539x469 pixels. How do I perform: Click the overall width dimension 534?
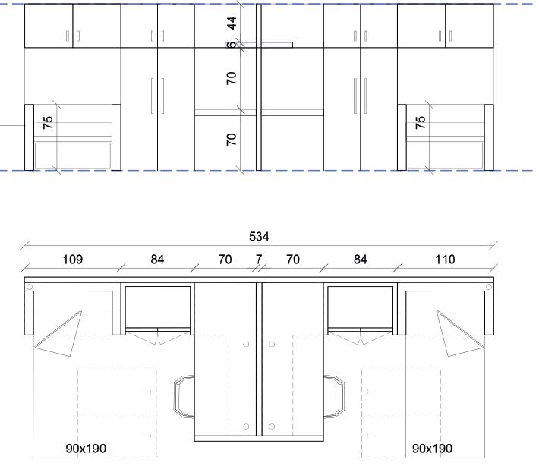pos(259,236)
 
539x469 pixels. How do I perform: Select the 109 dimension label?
pos(73,259)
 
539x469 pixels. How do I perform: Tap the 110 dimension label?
pos(445,259)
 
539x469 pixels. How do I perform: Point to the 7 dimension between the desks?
pos(259,259)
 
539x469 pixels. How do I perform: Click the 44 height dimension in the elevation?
pos(232,23)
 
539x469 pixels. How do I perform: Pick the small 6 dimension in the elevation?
pos(232,45)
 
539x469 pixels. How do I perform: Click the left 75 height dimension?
pos(48,123)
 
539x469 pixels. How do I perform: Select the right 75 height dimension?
pos(420,123)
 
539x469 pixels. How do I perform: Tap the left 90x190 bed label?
pos(86,449)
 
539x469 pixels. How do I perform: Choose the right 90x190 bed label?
pos(432,449)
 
